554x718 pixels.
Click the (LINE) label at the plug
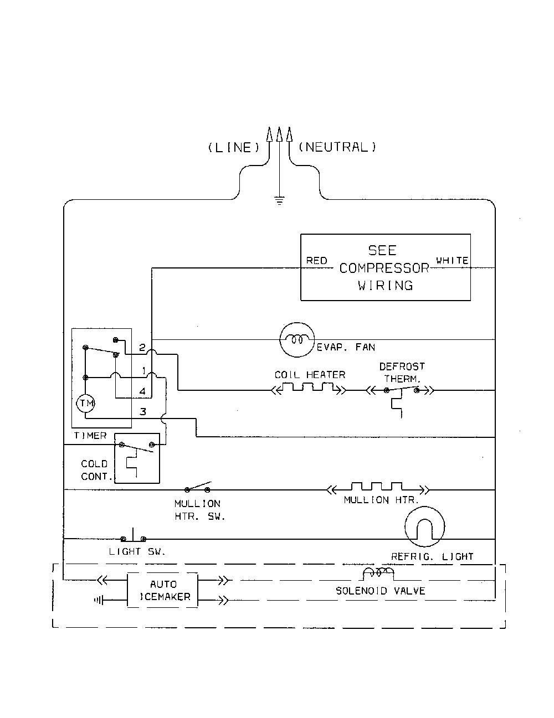pos(234,147)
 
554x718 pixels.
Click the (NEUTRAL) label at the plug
pos(337,147)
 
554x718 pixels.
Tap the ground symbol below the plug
pos(280,200)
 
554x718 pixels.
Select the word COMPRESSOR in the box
pos(384,268)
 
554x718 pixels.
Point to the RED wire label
pos(316,261)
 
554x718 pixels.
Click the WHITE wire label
pos(452,260)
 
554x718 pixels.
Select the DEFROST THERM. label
pos(402,373)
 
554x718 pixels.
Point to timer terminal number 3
pos(143,412)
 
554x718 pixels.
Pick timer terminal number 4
pos(142,391)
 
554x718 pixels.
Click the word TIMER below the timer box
pos(90,436)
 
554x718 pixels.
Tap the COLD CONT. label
pos(95,470)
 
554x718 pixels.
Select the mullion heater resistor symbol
pos(377,488)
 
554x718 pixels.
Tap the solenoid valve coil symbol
pos(379,574)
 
